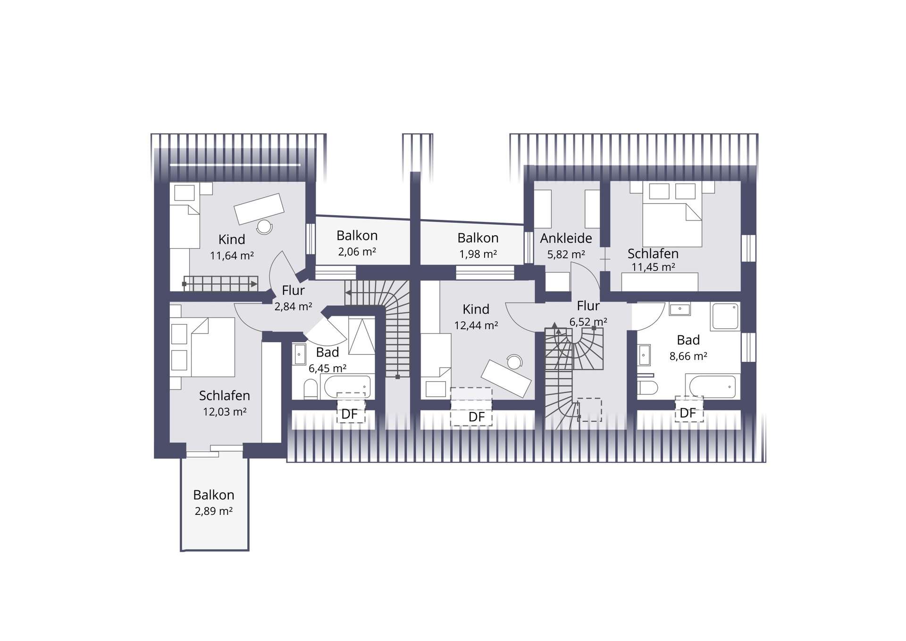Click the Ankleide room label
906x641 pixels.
coord(566,238)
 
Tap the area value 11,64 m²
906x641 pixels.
coord(232,256)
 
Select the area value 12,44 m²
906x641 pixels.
coord(476,325)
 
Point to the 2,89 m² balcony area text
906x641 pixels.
coord(214,511)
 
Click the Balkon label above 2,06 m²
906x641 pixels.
coord(357,235)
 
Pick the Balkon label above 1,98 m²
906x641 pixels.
coord(478,238)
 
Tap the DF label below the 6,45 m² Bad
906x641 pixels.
coord(350,414)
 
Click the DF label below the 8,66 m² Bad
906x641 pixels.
coord(688,413)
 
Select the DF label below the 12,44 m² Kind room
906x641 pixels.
coord(477,417)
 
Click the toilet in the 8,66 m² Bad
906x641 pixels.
coord(647,388)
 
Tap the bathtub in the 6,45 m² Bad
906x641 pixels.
coord(347,387)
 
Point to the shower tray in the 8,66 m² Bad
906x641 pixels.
coord(725,316)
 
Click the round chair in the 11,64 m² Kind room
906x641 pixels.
coord(264,227)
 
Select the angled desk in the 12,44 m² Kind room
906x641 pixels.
coord(506,378)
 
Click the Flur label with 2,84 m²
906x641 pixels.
coord(293,291)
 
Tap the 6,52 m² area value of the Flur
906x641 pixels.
coord(588,322)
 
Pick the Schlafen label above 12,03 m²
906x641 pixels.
coord(225,395)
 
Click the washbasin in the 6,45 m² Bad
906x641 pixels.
coord(300,354)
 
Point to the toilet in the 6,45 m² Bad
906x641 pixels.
coord(310,390)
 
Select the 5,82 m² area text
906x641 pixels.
coord(566,255)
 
